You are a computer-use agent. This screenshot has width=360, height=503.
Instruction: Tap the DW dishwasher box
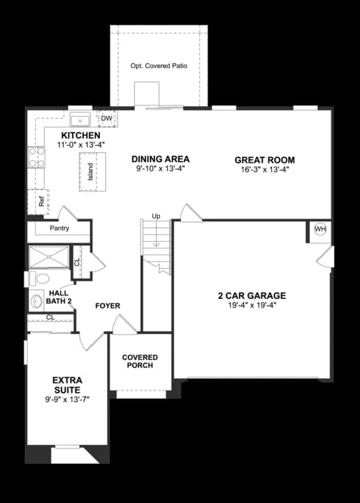107,119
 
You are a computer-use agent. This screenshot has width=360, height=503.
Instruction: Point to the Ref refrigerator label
41,201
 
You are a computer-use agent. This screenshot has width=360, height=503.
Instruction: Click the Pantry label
59,228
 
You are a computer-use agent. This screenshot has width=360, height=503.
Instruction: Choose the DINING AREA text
160,159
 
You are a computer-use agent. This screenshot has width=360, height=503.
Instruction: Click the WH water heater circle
320,229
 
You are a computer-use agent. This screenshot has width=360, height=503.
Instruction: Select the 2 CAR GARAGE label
252,296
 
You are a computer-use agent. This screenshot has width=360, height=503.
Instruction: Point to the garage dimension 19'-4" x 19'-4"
252,305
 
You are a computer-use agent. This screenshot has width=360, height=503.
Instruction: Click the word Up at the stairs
156,217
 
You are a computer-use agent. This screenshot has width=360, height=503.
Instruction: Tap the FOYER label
108,306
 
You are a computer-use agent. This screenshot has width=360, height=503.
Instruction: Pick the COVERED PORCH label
140,361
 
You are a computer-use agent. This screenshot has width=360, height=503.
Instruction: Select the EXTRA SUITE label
67,385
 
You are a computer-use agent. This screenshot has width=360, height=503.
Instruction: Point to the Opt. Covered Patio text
159,66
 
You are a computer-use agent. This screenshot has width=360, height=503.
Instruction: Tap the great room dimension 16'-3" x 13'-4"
264,169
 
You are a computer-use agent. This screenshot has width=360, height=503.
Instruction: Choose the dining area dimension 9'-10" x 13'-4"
160,168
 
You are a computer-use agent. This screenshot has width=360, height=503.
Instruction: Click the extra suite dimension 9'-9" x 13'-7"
67,399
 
